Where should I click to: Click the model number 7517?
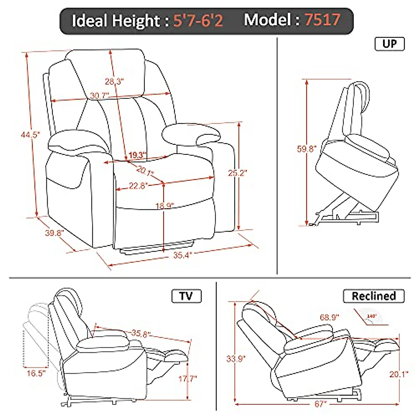point(322,20)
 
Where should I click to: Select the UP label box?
point(389,44)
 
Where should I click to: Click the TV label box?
point(186,296)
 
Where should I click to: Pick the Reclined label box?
point(374,296)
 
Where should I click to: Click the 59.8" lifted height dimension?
point(306,149)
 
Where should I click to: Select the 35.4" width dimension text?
point(183,255)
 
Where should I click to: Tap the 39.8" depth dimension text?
point(53,233)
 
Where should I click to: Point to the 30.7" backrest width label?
point(99,95)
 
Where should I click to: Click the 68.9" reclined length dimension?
point(330,318)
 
